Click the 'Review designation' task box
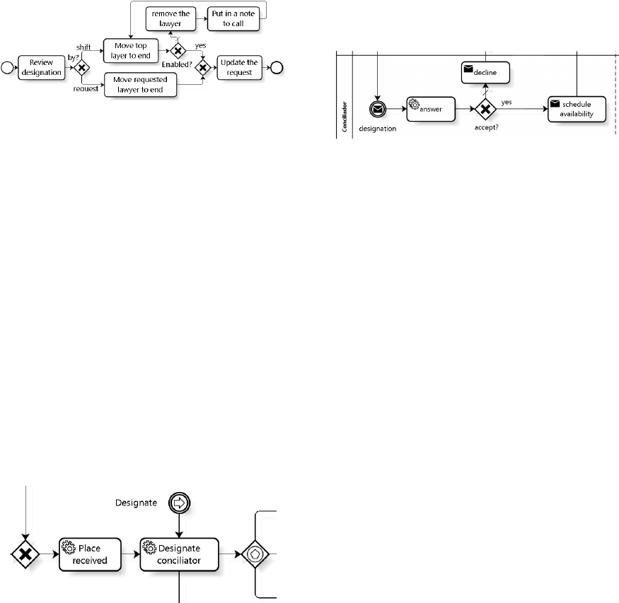pyautogui.click(x=46, y=67)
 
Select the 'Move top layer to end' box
pyautogui.click(x=129, y=52)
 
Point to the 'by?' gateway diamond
pyautogui.click(x=83, y=68)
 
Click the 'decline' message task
pyautogui.click(x=485, y=71)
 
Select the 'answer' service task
pyautogui.click(x=429, y=109)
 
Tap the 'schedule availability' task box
pyautogui.click(x=577, y=109)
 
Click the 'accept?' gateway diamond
pyautogui.click(x=485, y=109)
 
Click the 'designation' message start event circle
pyautogui.click(x=378, y=109)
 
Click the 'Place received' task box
pyautogui.click(x=91, y=554)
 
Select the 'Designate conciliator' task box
pyautogui.click(x=180, y=554)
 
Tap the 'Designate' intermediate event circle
pyautogui.click(x=180, y=503)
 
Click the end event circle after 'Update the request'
pyautogui.click(x=277, y=68)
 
